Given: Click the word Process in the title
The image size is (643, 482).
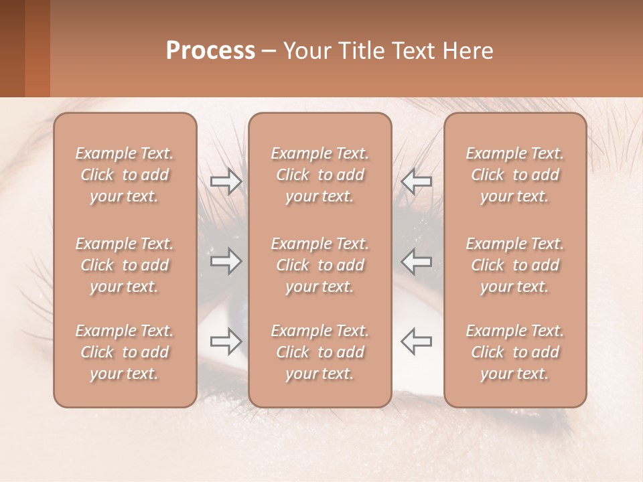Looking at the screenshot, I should tap(210, 51).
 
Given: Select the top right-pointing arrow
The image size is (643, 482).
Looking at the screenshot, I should tap(226, 181).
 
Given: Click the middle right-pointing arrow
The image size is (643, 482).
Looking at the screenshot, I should tap(226, 261).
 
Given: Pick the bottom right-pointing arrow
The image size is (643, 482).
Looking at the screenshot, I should tap(226, 341).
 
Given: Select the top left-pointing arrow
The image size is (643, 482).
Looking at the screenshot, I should tap(417, 181).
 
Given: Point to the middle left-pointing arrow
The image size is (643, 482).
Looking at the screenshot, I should tap(417, 261).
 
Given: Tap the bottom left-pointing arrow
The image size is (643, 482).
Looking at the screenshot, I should tap(417, 341).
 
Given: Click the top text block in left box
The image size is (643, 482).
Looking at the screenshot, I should tap(125, 175).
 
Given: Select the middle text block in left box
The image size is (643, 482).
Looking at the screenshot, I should tap(125, 265).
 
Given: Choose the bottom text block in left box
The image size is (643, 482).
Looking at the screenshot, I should tap(125, 352).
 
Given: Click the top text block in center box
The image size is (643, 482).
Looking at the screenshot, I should tap(320, 175).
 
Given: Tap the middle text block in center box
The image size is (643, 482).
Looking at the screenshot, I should tap(320, 265).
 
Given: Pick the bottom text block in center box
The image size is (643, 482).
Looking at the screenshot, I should tap(320, 352).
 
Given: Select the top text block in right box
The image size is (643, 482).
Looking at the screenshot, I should tap(515, 175).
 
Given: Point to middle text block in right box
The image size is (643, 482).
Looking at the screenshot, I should tap(515, 265).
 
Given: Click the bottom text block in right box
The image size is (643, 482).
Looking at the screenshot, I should tap(515, 352).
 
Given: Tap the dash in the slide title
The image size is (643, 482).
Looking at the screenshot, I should tap(269, 52).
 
